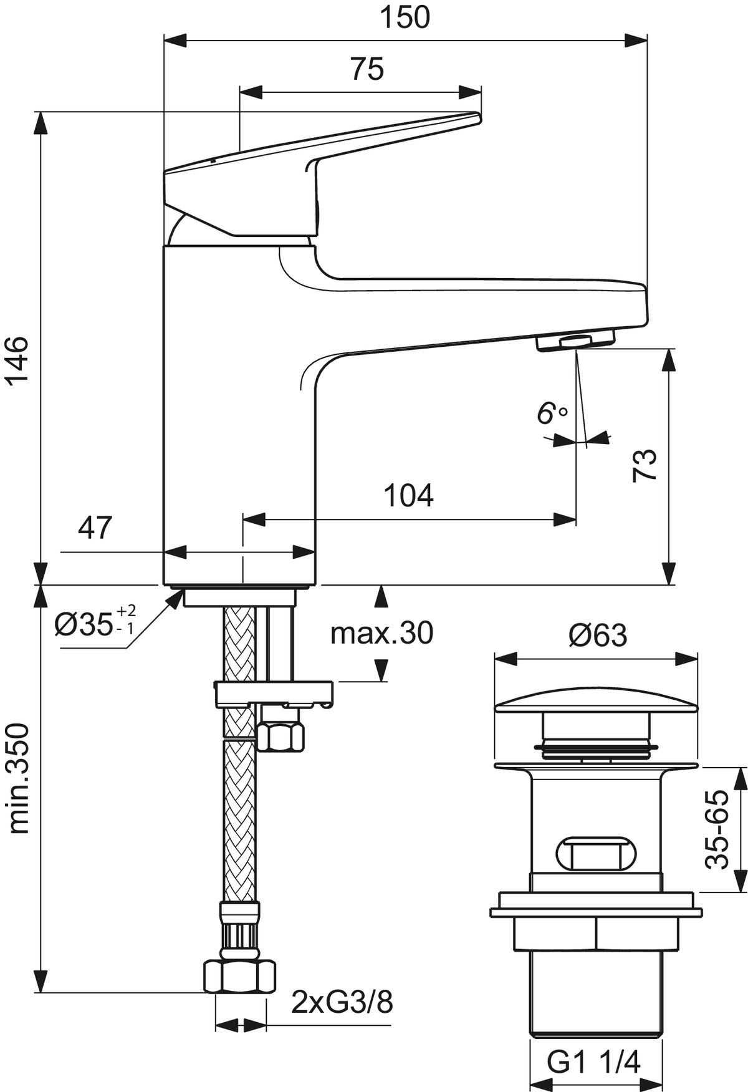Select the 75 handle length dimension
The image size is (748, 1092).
point(367,69)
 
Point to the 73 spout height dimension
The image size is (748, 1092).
point(645,465)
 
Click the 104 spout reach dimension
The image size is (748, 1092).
point(408,495)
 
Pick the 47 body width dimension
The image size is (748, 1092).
point(95,528)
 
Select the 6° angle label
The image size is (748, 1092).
point(552,413)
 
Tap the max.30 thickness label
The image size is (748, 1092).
point(381,633)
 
